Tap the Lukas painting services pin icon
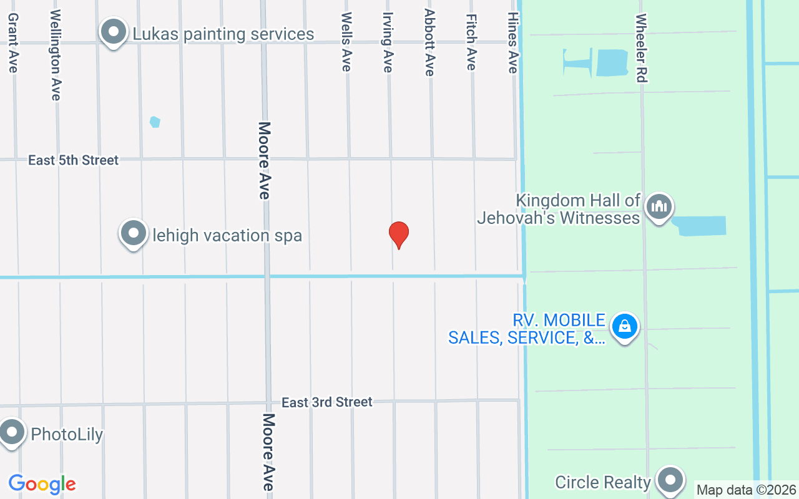pyautogui.click(x=114, y=32)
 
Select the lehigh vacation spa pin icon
pyautogui.click(x=133, y=234)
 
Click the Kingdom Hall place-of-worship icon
pyautogui.click(x=659, y=206)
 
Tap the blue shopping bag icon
pyautogui.click(x=624, y=326)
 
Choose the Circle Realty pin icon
pyautogui.click(x=671, y=481)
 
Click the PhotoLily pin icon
pyautogui.click(x=11, y=432)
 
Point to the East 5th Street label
pyautogui.click(x=73, y=160)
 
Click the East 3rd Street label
pyautogui.click(x=326, y=402)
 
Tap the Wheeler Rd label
pyautogui.click(x=641, y=49)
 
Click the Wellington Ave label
pyautogui.click(x=56, y=55)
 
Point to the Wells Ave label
pyautogui.click(x=346, y=42)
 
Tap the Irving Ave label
pyautogui.click(x=388, y=42)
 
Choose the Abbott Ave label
pyautogui.click(x=429, y=42)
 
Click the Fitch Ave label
pyautogui.click(x=471, y=42)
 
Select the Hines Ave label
pyautogui.click(x=513, y=42)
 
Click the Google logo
pyautogui.click(x=42, y=484)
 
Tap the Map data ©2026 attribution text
pyautogui.click(x=747, y=490)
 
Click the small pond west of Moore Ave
pyautogui.click(x=155, y=122)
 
